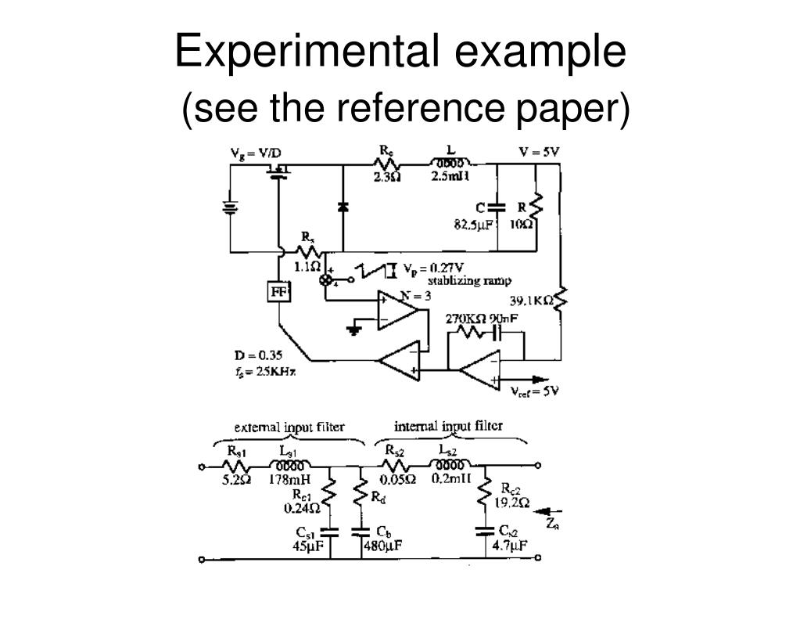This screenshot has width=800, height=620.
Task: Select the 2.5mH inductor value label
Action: [450, 176]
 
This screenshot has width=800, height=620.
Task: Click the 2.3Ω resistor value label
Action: [386, 177]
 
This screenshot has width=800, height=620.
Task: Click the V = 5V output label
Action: [540, 151]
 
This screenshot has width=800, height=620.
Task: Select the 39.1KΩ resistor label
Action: [532, 301]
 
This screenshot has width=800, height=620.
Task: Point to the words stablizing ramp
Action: [469, 281]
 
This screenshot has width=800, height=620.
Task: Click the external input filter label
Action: [289, 427]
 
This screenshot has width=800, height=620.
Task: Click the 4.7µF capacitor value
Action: [509, 546]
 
